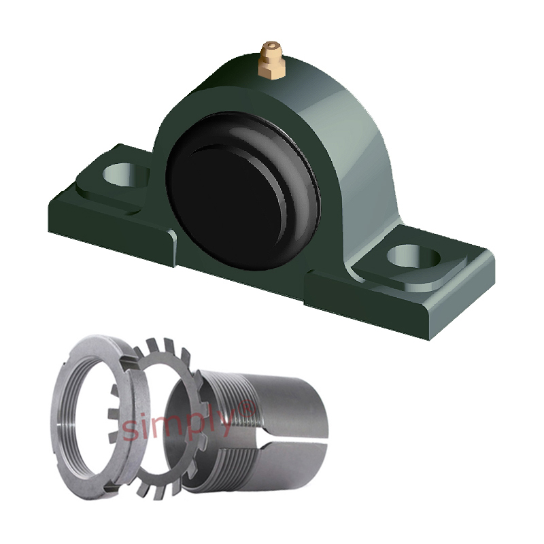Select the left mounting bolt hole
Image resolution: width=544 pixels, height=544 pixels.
tap(126, 175)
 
